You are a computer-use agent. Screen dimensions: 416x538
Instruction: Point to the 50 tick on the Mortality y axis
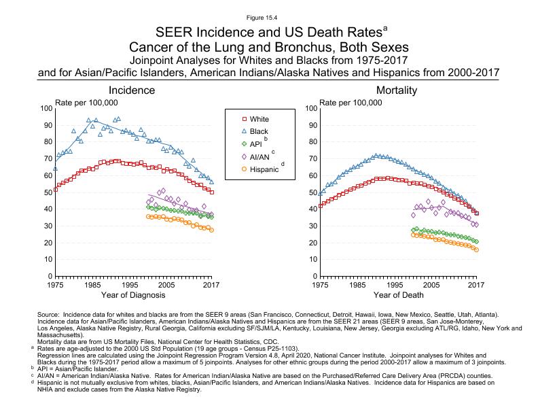(x=309, y=192)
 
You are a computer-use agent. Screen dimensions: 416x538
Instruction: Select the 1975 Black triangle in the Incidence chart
(x=55, y=168)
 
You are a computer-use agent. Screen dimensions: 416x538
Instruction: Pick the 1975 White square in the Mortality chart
(x=319, y=205)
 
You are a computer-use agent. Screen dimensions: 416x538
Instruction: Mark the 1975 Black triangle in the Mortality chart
(x=319, y=193)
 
